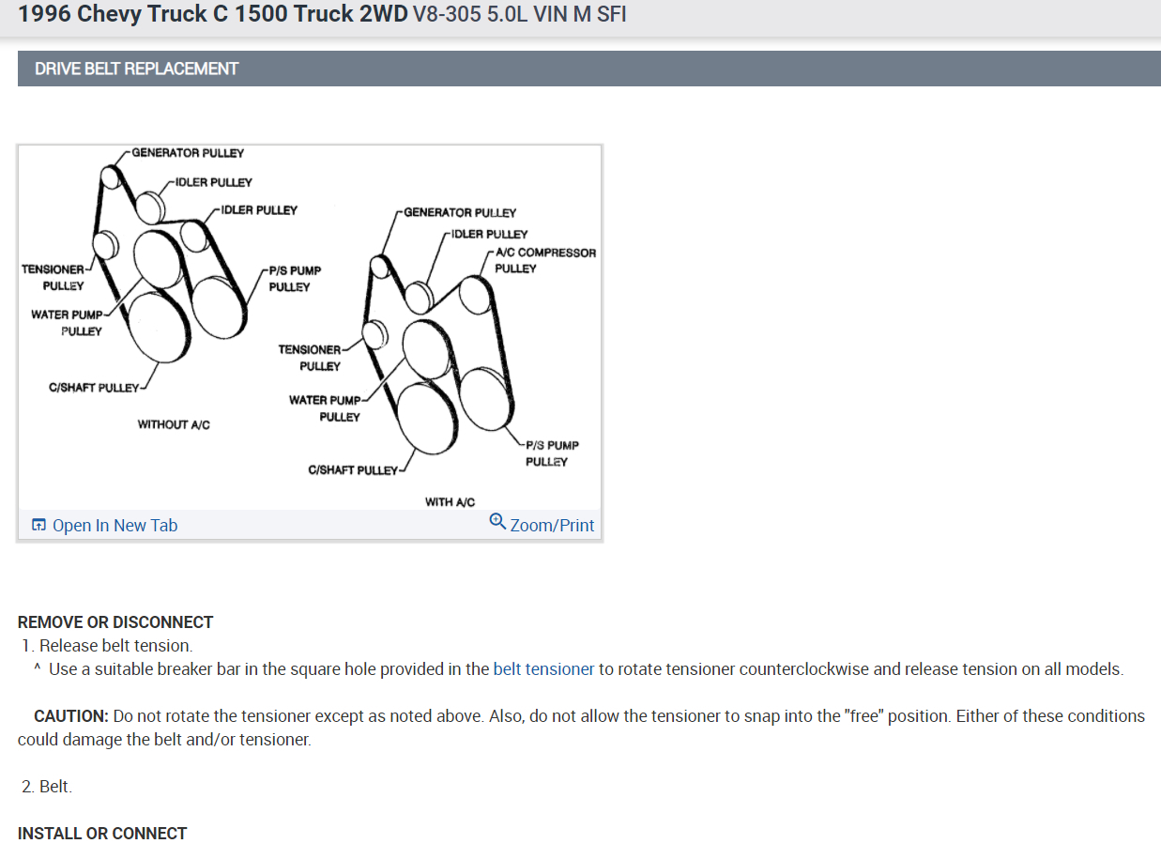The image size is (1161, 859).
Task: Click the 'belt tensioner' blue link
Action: (543, 669)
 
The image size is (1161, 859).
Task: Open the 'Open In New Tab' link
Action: (115, 526)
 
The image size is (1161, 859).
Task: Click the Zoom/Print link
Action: (552, 526)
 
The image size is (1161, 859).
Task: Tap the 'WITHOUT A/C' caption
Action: (174, 425)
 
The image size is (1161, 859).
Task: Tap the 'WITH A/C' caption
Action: (450, 502)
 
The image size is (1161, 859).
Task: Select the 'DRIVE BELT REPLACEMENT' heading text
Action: (136, 69)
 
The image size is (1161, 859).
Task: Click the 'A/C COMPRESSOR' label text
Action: (545, 253)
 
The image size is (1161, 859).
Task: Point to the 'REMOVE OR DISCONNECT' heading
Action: (115, 622)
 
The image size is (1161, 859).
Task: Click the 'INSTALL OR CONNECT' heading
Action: (102, 834)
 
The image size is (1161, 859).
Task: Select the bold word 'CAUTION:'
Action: (71, 716)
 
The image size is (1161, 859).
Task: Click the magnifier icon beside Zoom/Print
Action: (497, 521)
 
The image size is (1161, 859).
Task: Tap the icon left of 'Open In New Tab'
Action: (38, 526)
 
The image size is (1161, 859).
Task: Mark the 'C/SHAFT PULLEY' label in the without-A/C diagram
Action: (94, 388)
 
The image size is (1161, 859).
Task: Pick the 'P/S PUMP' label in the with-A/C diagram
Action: (552, 445)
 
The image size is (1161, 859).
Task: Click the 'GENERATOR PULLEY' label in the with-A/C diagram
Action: (460, 213)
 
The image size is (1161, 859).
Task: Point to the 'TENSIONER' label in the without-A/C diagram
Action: (53, 269)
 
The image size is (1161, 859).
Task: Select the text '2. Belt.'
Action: (47, 787)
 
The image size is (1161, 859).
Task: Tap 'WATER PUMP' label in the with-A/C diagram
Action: (321, 400)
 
